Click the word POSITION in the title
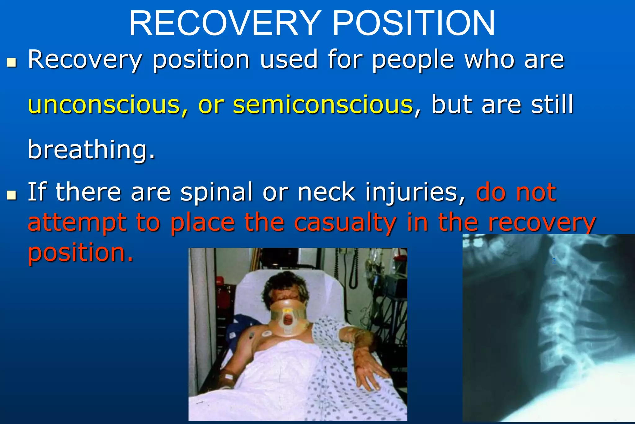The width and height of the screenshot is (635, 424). (x=414, y=24)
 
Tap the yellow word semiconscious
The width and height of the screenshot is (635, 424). (x=323, y=105)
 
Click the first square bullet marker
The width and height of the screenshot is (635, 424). (x=11, y=62)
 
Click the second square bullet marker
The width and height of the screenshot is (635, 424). (x=11, y=195)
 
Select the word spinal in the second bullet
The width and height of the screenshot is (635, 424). (x=217, y=192)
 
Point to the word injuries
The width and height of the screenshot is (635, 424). (x=415, y=192)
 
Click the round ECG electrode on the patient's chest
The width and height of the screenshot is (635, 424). (x=267, y=334)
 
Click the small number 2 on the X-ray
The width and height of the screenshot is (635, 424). (x=554, y=261)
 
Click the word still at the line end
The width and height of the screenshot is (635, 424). (x=552, y=105)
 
